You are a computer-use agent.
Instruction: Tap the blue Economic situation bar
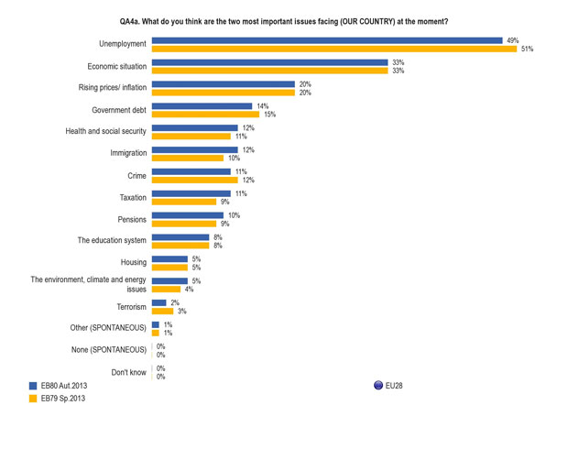[269, 62]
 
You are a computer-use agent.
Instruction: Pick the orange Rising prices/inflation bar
[223, 93]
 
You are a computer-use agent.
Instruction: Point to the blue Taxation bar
[191, 193]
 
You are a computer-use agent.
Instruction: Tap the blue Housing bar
[169, 259]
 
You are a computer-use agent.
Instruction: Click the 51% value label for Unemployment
[528, 49]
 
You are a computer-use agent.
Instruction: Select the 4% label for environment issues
[189, 290]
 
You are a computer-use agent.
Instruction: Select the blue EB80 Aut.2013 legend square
[33, 386]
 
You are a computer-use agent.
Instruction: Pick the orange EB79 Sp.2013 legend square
[33, 399]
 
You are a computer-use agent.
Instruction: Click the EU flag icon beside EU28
[378, 386]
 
